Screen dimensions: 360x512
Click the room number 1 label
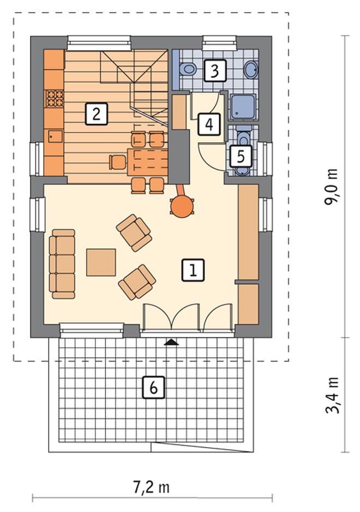click(193, 270)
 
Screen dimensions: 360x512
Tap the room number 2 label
click(97, 113)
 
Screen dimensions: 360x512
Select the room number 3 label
click(215, 70)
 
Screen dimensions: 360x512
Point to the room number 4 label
click(209, 124)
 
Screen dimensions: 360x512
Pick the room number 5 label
click(241, 156)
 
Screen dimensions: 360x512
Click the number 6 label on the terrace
click(153, 387)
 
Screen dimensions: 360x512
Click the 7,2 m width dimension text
click(151, 487)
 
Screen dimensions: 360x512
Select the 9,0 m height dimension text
click(331, 186)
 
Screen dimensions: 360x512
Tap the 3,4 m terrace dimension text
click(332, 395)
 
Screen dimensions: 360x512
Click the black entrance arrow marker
click(171, 342)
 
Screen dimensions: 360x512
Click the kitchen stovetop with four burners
click(54, 99)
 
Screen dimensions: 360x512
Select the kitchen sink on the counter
click(56, 136)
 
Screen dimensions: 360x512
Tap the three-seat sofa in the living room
click(62, 264)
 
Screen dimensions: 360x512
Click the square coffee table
click(101, 262)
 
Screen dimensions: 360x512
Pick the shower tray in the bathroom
click(243, 107)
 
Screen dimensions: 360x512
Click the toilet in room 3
click(187, 69)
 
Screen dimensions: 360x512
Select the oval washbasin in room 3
click(251, 70)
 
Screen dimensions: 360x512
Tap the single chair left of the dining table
click(118, 162)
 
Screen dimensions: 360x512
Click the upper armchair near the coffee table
click(134, 232)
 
